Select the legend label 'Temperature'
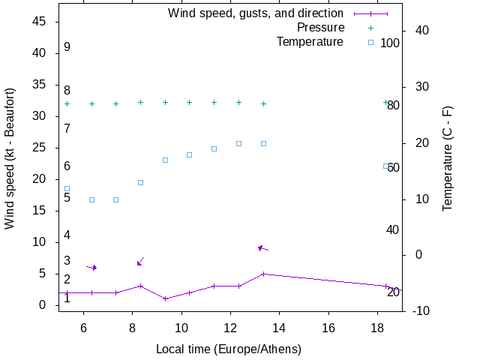coord(310,42)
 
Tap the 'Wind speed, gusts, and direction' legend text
coord(256,13)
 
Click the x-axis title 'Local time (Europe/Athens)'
coord(229,349)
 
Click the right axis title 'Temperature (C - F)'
coord(448,158)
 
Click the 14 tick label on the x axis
coord(279,328)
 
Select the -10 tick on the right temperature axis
coord(421,311)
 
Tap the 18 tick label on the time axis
coord(377,328)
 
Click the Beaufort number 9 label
coord(67,47)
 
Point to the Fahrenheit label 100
coord(390,43)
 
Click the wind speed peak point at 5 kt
coord(263,274)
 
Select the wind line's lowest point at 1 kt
coord(165,298)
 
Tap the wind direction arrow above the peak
coord(262,247)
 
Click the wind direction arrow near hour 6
coord(91,267)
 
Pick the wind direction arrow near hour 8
coord(140,261)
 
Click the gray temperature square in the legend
coord(370,43)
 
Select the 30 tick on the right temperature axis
coord(421,87)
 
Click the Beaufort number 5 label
coord(67,198)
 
